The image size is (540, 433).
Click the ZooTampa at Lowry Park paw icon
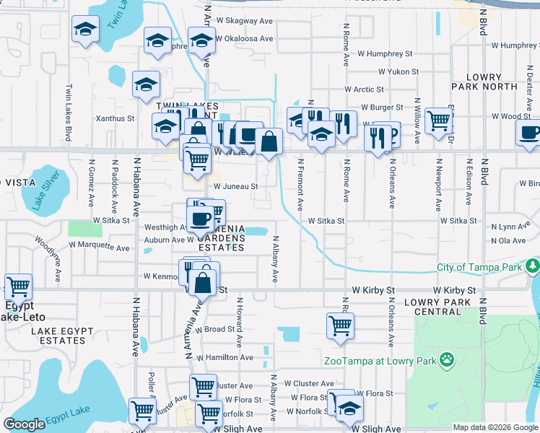click(x=448, y=358)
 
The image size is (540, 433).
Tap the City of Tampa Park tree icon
click(x=534, y=268)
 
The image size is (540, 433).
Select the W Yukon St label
click(x=399, y=72)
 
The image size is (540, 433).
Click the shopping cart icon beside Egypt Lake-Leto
click(x=18, y=287)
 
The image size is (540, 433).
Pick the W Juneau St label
click(x=235, y=185)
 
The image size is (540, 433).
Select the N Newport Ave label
click(x=438, y=190)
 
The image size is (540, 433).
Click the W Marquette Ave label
click(x=99, y=246)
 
